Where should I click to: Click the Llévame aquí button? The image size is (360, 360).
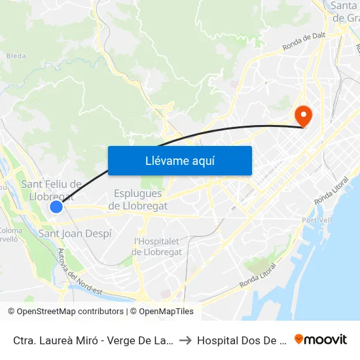click(x=179, y=160)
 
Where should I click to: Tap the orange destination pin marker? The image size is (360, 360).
click(x=304, y=116)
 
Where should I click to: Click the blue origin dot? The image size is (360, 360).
click(x=56, y=207)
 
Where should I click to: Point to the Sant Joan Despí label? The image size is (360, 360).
click(x=75, y=234)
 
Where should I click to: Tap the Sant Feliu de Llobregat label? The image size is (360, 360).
click(x=52, y=190)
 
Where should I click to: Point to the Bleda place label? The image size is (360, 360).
click(x=16, y=56)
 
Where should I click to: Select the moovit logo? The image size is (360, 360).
click(x=321, y=340)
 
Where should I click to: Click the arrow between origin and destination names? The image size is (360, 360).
click(x=185, y=340)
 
